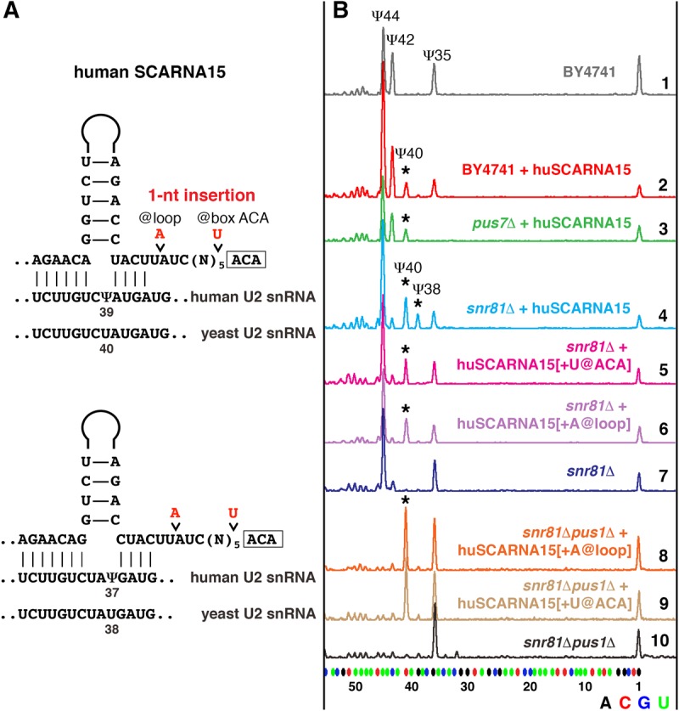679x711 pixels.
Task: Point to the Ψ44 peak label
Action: click(x=388, y=14)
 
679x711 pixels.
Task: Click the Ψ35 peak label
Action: click(x=437, y=54)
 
